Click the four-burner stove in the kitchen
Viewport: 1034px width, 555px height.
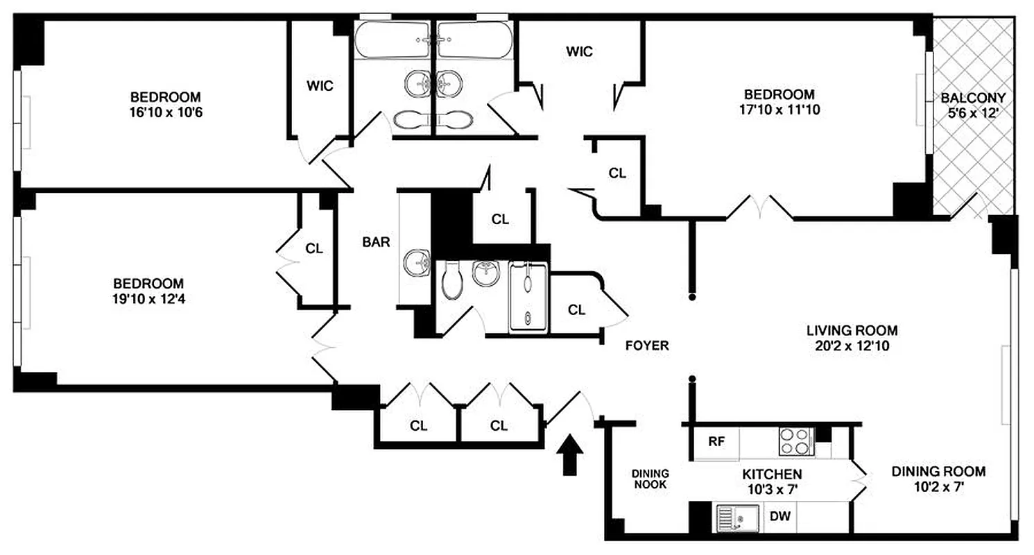(x=795, y=441)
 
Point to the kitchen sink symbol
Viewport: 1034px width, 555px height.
(x=736, y=518)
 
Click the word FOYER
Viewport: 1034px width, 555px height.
(x=646, y=345)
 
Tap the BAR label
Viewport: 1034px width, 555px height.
(x=377, y=242)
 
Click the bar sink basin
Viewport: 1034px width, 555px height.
(x=416, y=262)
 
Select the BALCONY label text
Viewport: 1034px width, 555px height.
(x=973, y=98)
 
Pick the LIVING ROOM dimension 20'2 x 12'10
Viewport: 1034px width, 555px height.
(x=852, y=345)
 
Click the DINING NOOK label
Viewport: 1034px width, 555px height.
(x=649, y=479)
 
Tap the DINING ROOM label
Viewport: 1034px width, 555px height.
(x=938, y=472)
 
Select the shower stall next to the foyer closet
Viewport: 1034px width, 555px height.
(x=528, y=296)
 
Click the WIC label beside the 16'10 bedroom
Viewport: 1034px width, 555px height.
(x=320, y=86)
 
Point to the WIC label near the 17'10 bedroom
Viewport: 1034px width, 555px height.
(x=579, y=51)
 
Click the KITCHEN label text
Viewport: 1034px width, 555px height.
(x=772, y=475)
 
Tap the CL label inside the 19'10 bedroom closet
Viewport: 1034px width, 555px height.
(x=314, y=248)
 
